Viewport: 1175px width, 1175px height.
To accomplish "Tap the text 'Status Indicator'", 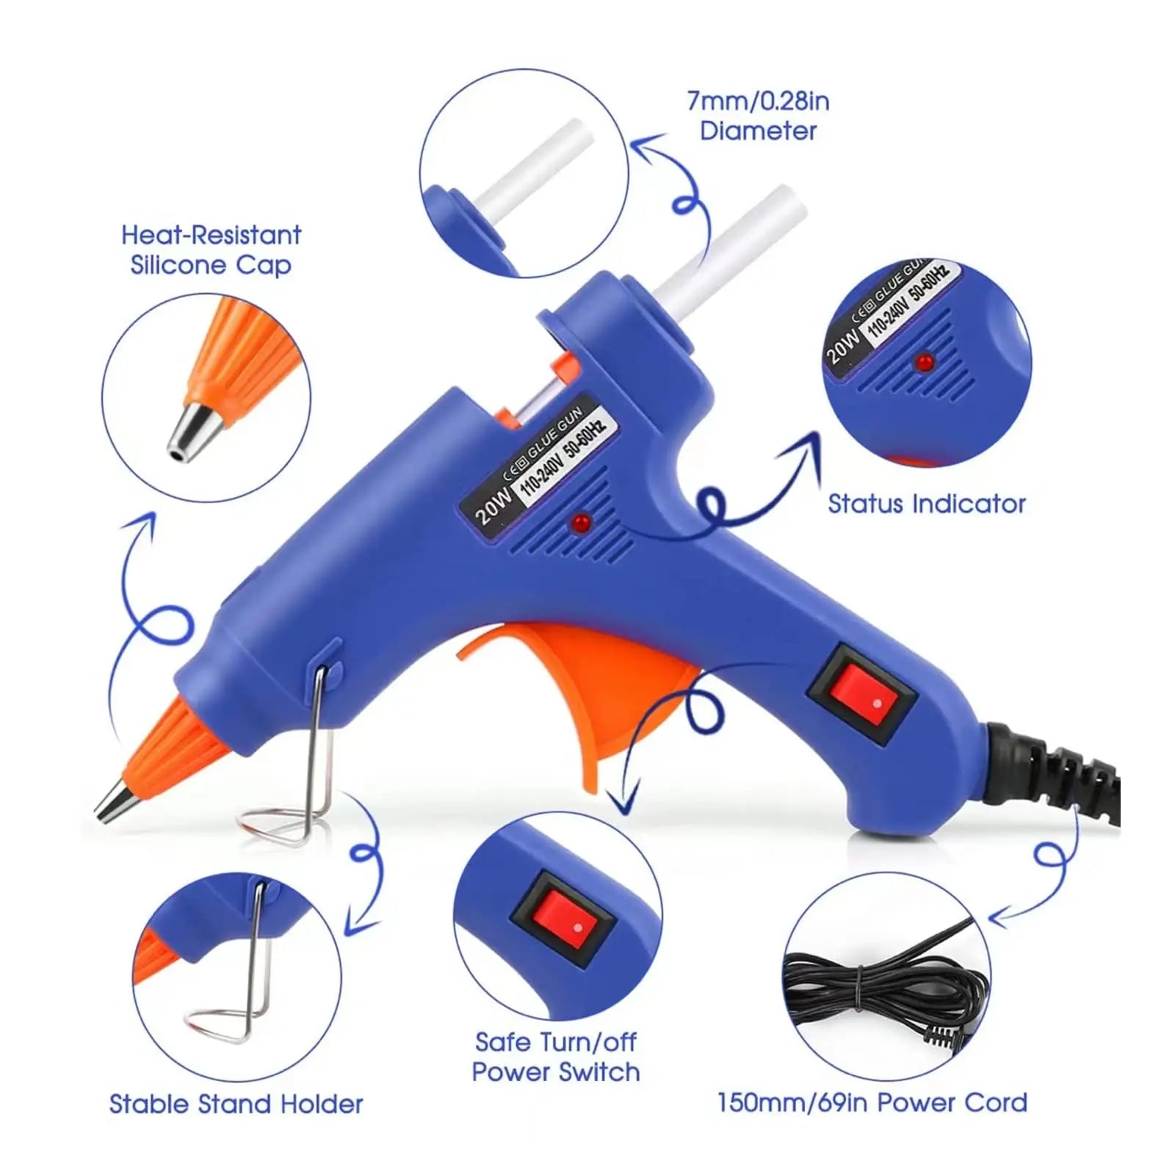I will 926,504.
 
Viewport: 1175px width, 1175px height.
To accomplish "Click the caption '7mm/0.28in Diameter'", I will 758,116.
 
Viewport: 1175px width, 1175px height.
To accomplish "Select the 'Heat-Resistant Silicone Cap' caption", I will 211,250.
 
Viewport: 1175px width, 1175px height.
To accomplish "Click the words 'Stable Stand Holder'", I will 236,1104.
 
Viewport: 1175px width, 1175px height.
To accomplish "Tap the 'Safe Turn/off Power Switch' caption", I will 556,1057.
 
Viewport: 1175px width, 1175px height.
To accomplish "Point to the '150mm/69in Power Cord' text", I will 872,1102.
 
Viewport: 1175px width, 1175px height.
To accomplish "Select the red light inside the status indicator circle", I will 924,362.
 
